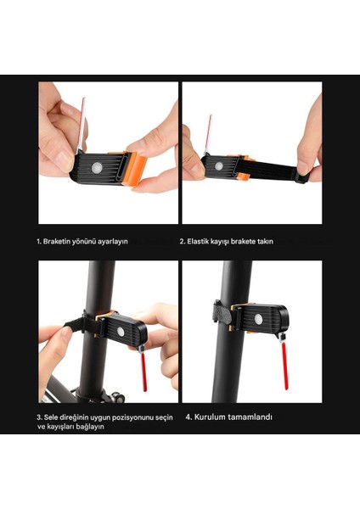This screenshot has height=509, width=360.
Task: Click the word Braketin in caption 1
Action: [x=57, y=242]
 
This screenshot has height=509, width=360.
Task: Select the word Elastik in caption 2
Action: [x=198, y=242]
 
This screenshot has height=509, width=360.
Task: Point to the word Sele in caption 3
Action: [x=51, y=417]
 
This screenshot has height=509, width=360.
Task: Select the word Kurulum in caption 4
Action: [x=210, y=417]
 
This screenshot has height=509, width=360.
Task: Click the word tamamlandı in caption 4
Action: [x=250, y=417]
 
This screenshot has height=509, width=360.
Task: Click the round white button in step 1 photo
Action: [x=97, y=168]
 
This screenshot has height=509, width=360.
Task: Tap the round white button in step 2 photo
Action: [x=219, y=166]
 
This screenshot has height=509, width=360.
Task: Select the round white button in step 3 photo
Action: [x=121, y=332]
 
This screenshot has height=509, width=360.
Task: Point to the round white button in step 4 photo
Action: [x=258, y=319]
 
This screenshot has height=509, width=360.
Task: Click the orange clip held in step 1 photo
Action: [x=134, y=168]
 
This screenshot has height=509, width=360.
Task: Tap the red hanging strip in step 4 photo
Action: [x=284, y=366]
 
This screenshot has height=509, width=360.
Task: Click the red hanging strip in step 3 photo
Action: [x=143, y=372]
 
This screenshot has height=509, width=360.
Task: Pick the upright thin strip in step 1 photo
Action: [x=81, y=124]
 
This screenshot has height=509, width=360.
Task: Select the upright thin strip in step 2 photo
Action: [x=207, y=135]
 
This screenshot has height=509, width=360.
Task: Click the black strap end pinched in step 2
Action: [x=302, y=177]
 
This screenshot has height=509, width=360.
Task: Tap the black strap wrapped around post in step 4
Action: [x=223, y=313]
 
